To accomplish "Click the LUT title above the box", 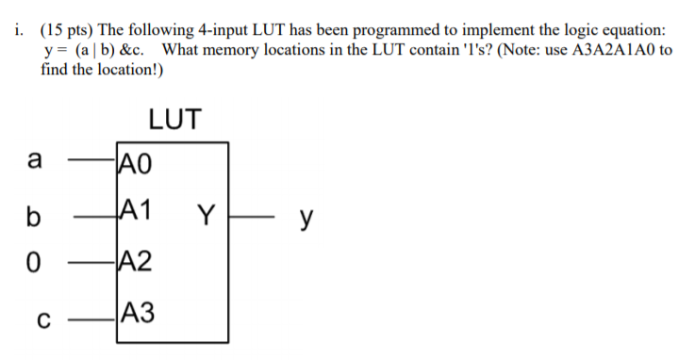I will [174, 120].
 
